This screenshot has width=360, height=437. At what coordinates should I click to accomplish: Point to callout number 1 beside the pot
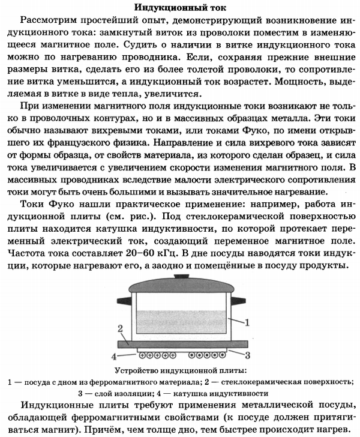247,322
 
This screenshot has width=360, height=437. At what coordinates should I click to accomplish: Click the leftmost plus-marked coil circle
142,354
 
